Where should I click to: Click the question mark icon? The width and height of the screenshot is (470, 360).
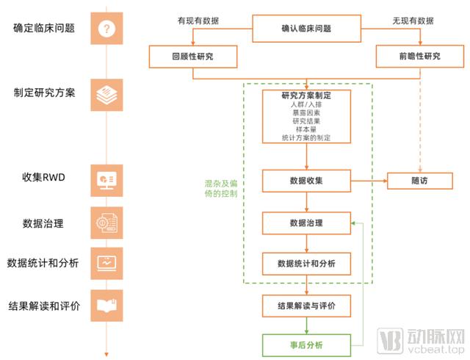(x=107, y=29)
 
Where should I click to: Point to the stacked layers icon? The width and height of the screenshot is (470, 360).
(x=107, y=93)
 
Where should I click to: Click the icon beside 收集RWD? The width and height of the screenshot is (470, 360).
(x=107, y=179)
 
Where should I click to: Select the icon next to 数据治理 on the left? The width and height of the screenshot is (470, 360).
(x=107, y=222)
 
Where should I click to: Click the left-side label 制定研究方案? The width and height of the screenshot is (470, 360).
(x=44, y=93)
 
